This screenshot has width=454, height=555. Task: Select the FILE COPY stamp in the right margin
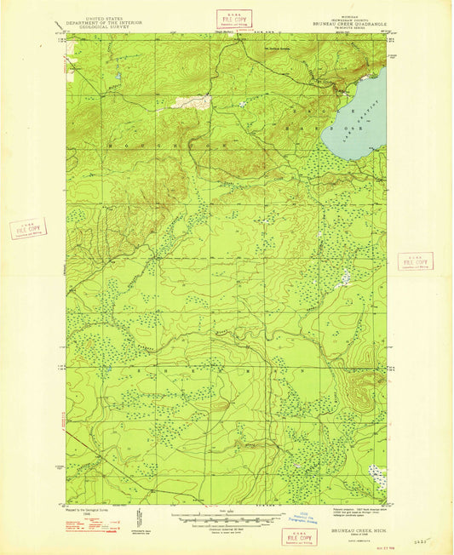click(x=415, y=261)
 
